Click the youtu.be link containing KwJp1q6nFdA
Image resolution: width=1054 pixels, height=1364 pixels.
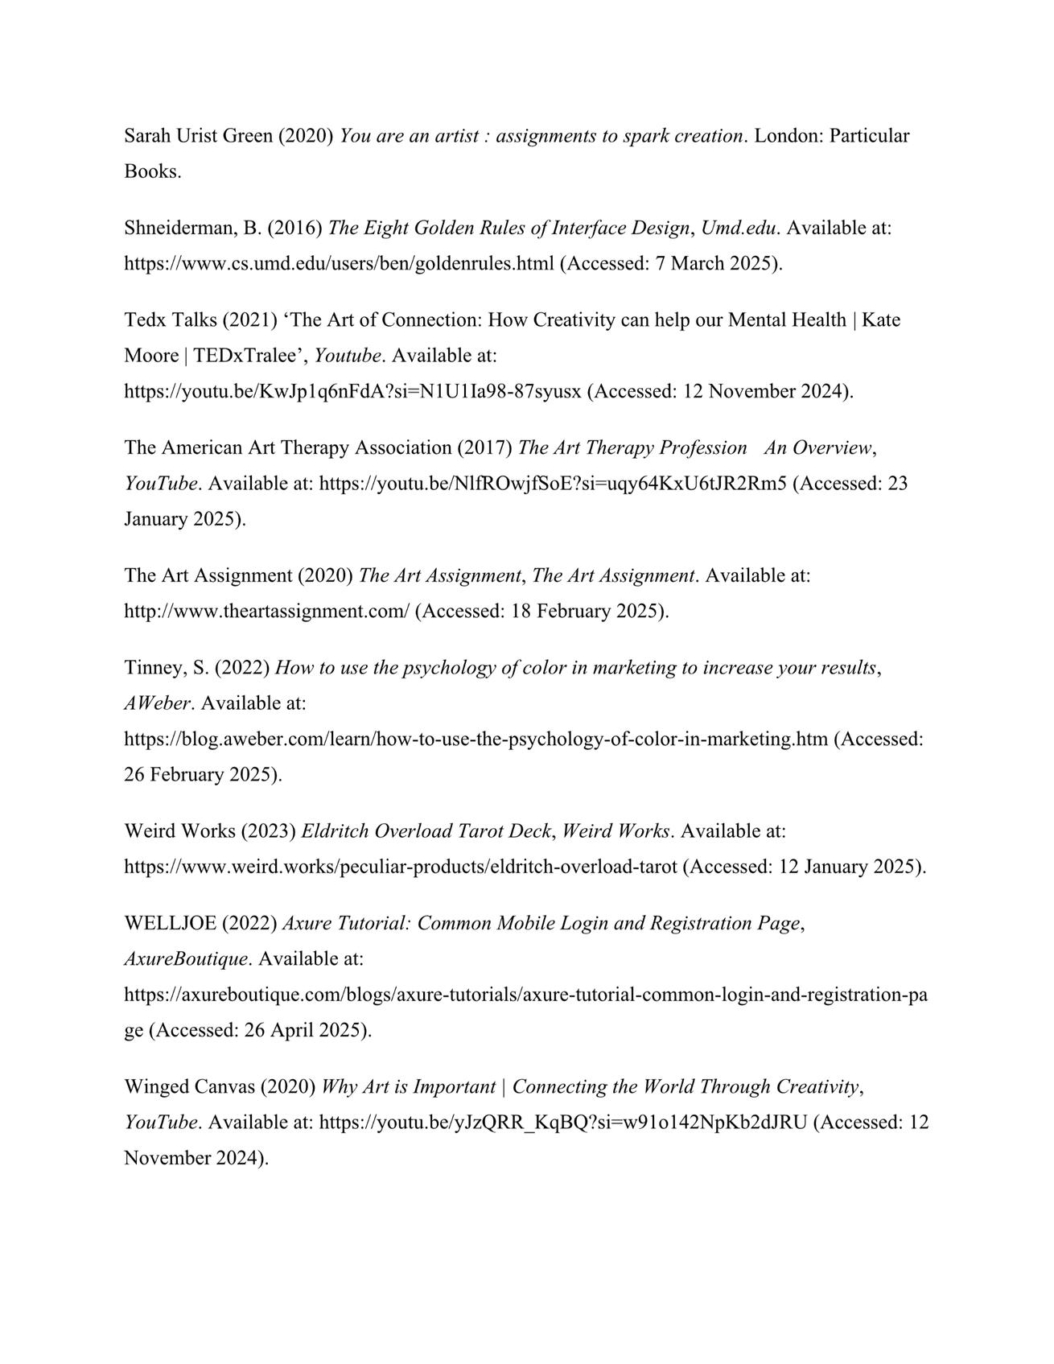pos(352,392)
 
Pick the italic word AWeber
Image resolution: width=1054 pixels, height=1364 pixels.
pos(158,703)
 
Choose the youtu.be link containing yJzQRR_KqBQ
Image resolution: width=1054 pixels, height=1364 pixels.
pos(562,1123)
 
